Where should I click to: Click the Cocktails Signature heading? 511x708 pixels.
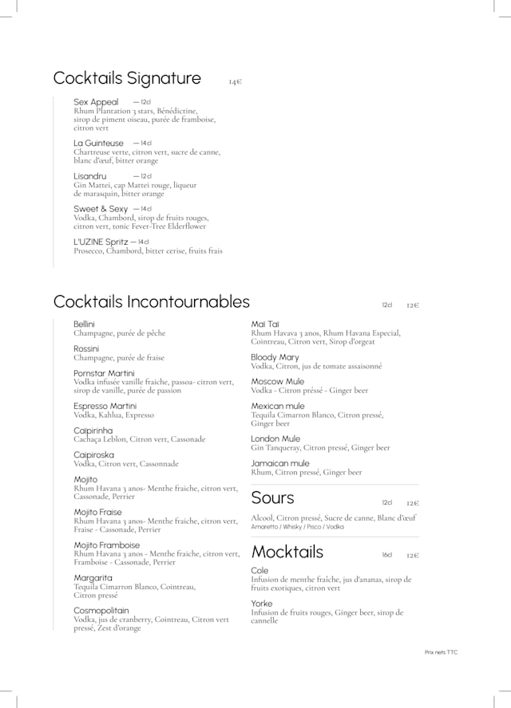coord(127,78)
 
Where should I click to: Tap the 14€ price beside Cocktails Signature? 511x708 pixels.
coord(235,81)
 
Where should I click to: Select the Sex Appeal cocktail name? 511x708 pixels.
coord(96,102)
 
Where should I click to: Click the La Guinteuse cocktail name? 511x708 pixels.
coord(98,144)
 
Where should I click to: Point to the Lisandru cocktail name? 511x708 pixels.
coord(89,176)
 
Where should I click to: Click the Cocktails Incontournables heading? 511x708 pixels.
coord(151,302)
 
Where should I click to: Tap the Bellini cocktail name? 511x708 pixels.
coord(84,324)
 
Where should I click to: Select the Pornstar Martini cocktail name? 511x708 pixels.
coord(104,373)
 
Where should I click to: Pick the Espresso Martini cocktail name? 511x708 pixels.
coord(105,406)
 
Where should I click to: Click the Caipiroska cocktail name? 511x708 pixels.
coord(93,454)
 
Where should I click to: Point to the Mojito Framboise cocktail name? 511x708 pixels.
coord(106,545)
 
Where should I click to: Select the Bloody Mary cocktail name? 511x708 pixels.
coord(275,357)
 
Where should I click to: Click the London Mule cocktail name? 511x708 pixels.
coord(275,439)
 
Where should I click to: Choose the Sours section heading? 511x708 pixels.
coord(272,498)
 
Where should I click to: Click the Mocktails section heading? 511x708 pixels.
coord(287,552)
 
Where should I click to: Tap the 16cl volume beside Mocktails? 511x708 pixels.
coord(386,555)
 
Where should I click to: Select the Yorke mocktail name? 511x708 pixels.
coord(261,604)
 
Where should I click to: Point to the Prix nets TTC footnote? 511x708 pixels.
coord(441,652)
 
